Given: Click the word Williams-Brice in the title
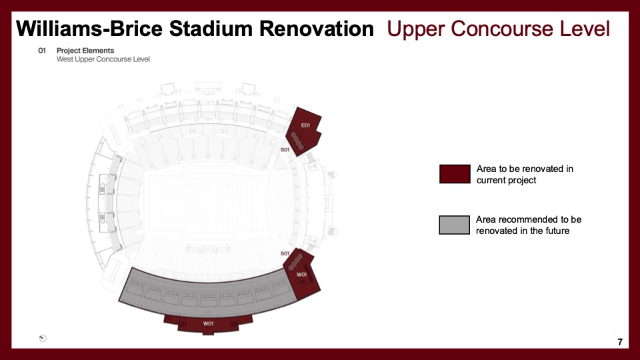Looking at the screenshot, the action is click(89, 29).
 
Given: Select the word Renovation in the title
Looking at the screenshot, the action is click(316, 29).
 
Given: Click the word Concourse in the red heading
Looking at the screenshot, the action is click(501, 29).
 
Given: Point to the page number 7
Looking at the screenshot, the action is click(620, 341).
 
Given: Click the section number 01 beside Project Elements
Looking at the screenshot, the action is click(41, 51).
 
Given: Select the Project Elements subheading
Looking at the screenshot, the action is click(85, 51).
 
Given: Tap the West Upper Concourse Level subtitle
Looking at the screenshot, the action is click(103, 59).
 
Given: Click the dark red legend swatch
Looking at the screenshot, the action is click(455, 174).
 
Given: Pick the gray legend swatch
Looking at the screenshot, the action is click(454, 225).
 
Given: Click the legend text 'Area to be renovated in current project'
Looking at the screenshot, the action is click(525, 174).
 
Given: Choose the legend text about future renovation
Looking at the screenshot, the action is click(529, 225).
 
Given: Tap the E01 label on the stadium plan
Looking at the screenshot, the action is click(306, 125).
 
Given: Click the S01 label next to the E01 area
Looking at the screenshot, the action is click(285, 150).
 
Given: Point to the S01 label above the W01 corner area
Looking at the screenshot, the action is click(285, 253).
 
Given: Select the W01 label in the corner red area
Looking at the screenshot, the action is click(301, 275).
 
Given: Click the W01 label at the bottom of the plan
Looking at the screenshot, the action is click(208, 324).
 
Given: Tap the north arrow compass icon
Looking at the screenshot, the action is click(43, 339).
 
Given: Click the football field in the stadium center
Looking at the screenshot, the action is click(208, 203).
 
